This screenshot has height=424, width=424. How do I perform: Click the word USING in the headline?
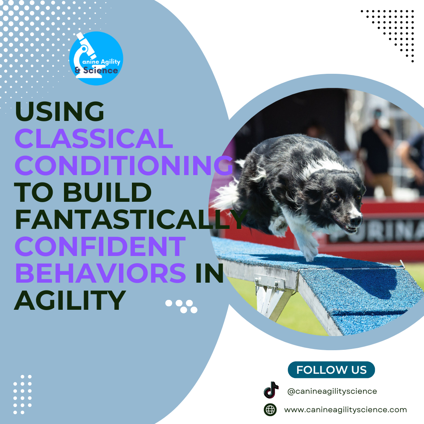click(60, 111)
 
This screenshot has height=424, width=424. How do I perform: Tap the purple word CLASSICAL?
click(94, 138)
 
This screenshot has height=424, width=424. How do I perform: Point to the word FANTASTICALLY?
click(131, 219)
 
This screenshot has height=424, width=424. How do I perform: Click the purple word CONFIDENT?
click(101, 246)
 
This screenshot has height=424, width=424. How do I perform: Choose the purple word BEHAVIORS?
click(101, 273)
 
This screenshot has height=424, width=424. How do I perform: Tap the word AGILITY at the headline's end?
click(70, 300)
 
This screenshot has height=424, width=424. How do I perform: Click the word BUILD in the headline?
click(107, 192)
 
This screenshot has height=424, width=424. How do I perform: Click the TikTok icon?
click(271, 390)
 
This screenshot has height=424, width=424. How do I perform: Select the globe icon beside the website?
click(270, 409)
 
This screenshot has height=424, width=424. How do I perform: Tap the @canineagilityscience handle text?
click(332, 391)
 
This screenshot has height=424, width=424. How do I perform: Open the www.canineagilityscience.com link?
click(345, 409)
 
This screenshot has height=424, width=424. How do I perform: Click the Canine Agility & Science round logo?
click(96, 58)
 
